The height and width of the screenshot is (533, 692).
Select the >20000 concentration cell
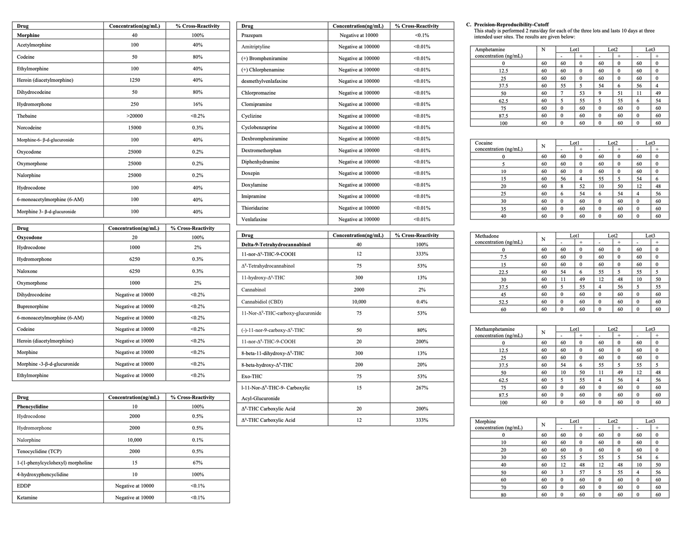[x=135, y=116]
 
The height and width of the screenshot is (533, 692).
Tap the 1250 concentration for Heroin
[x=135, y=80]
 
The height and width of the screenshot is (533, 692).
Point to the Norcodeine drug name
[x=29, y=128]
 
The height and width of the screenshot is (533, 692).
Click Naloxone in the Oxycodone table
[x=28, y=271]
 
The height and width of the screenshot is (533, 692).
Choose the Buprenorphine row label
[x=33, y=306]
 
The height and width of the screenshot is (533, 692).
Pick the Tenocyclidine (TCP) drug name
[x=39, y=451]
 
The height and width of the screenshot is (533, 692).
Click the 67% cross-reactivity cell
[x=197, y=463]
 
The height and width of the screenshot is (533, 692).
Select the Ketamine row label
[x=27, y=498]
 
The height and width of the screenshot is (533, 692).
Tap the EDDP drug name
[x=24, y=486]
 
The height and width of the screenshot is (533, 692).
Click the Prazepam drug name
[x=252, y=35]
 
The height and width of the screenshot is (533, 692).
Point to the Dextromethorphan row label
[x=261, y=150]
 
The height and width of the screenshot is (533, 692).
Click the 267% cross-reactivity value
[x=422, y=388]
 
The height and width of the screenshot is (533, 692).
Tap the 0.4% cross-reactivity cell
[x=422, y=302]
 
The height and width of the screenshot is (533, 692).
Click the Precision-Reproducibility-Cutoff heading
[x=511, y=24]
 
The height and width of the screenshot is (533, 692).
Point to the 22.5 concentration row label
[x=503, y=272]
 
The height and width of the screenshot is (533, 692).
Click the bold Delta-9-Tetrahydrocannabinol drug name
[x=276, y=245]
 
